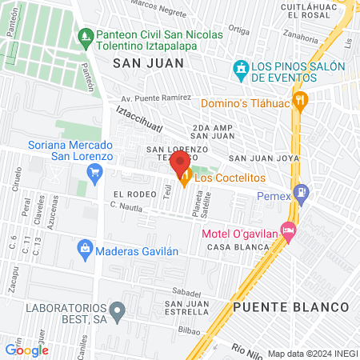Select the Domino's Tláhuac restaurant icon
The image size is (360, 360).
click(x=302, y=100)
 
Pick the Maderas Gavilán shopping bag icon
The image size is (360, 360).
click(x=85, y=250)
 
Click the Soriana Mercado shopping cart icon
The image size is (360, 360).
click(x=95, y=170)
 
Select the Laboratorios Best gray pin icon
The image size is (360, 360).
click(x=118, y=310)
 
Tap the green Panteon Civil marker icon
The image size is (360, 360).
click(x=85, y=36)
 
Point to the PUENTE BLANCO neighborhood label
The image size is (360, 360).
click(x=291, y=307)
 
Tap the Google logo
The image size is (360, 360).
click(x=26, y=350)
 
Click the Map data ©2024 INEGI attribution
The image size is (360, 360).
click(x=312, y=354)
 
